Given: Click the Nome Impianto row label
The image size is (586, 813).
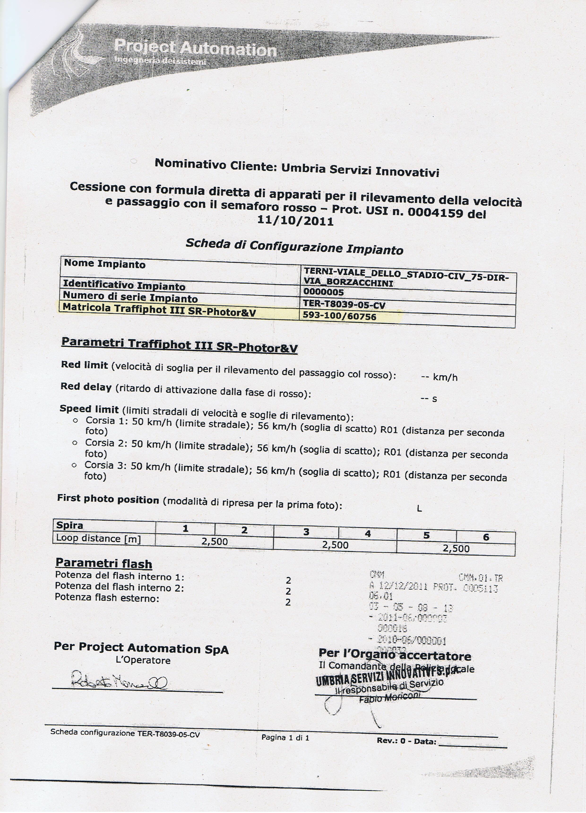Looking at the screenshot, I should point(105,264).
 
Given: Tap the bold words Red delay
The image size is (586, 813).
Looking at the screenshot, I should point(86,387).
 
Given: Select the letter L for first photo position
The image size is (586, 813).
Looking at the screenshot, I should point(419,508).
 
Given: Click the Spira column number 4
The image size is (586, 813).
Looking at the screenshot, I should point(367,534).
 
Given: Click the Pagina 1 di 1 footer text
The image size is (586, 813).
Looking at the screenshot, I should point(285,737).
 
